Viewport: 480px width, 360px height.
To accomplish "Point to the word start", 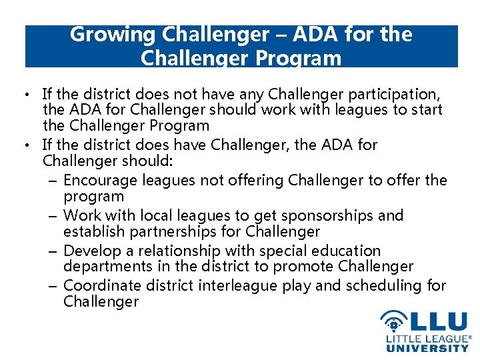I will point(426,109).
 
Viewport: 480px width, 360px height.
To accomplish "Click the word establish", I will point(90,232).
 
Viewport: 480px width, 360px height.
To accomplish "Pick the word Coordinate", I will point(102,285).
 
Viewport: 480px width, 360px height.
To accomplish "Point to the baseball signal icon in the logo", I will point(394,322).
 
